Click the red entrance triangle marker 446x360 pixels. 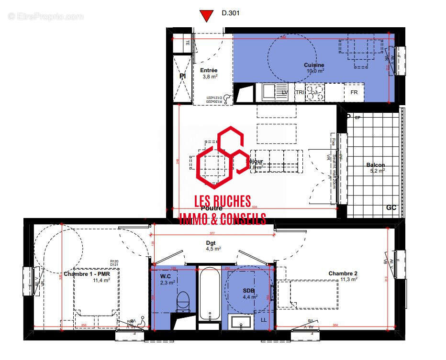click(x=206, y=16)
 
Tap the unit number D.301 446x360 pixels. click(x=230, y=14)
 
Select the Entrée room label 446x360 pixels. click(x=209, y=70)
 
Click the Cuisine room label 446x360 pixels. click(x=314, y=65)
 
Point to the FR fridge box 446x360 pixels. click(x=354, y=92)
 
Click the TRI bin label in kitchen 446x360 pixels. click(x=300, y=92)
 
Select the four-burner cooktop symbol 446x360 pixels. click(x=314, y=92)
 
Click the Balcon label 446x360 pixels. click(x=376, y=165)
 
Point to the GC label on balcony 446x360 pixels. click(x=391, y=208)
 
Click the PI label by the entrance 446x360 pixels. click(x=182, y=76)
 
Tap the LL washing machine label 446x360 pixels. click(x=264, y=320)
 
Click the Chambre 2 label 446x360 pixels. click(x=343, y=273)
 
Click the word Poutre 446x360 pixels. click(x=211, y=208)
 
